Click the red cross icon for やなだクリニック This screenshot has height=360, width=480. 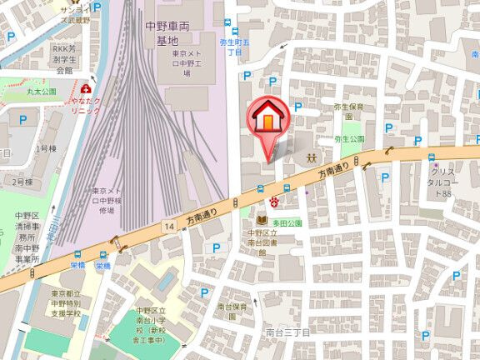87,88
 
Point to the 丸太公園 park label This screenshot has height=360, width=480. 41,91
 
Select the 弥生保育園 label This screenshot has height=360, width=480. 349,107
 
